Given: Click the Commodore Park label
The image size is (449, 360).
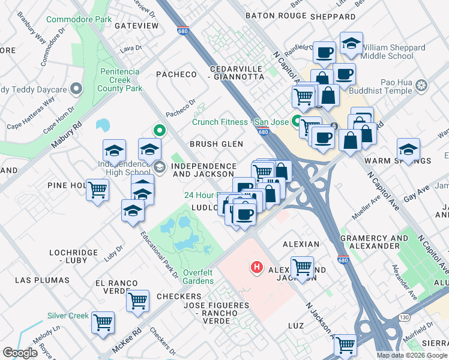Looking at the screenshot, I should pos(79,20).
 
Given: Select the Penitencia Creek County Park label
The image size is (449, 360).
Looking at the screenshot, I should pos(118,80).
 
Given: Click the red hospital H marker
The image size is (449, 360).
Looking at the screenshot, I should pos(257,266).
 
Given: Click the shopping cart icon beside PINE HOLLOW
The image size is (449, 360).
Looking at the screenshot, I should pos(98,190).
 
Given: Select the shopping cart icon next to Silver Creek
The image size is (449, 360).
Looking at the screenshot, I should pos(103,322).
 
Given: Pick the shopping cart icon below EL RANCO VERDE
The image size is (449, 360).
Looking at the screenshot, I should pos(138,300).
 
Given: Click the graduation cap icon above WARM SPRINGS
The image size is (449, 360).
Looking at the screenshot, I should pos(408,149).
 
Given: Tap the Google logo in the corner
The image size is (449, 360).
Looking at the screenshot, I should pos(20,353).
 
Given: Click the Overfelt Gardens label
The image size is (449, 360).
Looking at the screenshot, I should pos(197,276).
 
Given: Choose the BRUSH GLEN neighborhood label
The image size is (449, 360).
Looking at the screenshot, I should pos(216,144).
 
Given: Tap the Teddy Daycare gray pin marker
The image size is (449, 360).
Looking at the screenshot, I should pos(76,89).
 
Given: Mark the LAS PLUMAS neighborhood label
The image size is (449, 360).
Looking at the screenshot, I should pos(38,280).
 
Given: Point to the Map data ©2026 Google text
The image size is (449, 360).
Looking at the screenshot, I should pos(412,355).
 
